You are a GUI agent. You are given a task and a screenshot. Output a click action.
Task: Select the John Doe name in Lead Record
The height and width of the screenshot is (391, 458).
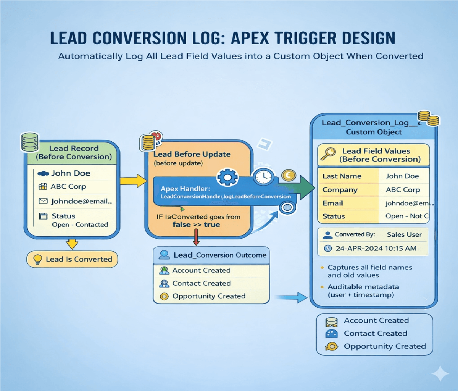coord(71,173)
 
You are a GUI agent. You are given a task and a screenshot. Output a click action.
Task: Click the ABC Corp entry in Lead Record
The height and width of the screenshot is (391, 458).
coord(68,187)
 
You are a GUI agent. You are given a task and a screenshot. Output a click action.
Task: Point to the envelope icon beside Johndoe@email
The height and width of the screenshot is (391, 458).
coord(44,201)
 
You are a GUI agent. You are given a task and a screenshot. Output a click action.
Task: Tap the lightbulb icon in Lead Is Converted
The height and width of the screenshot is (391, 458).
coord(38,259)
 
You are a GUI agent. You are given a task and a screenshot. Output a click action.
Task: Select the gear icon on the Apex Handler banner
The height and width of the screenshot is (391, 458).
coord(227,177)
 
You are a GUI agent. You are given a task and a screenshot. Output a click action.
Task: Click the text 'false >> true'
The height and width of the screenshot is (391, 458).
coord(196,225)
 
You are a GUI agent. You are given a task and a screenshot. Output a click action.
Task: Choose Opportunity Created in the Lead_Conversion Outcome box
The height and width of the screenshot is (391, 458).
coord(209,296)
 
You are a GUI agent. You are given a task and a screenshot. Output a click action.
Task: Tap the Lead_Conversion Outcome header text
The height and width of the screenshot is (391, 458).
coord(219,255)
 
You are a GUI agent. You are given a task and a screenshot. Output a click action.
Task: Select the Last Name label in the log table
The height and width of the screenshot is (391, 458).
coord(342,176)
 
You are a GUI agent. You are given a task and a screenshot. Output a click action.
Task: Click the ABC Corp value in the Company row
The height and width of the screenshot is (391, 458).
coord(403,190)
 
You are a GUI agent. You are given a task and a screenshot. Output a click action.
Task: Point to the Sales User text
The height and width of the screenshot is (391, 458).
coord(404,235)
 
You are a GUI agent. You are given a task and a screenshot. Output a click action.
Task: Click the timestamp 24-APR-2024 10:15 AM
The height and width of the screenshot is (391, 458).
coord(376,249)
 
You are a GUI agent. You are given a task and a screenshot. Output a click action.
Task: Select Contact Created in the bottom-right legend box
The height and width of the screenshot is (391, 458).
coord(375,333)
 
